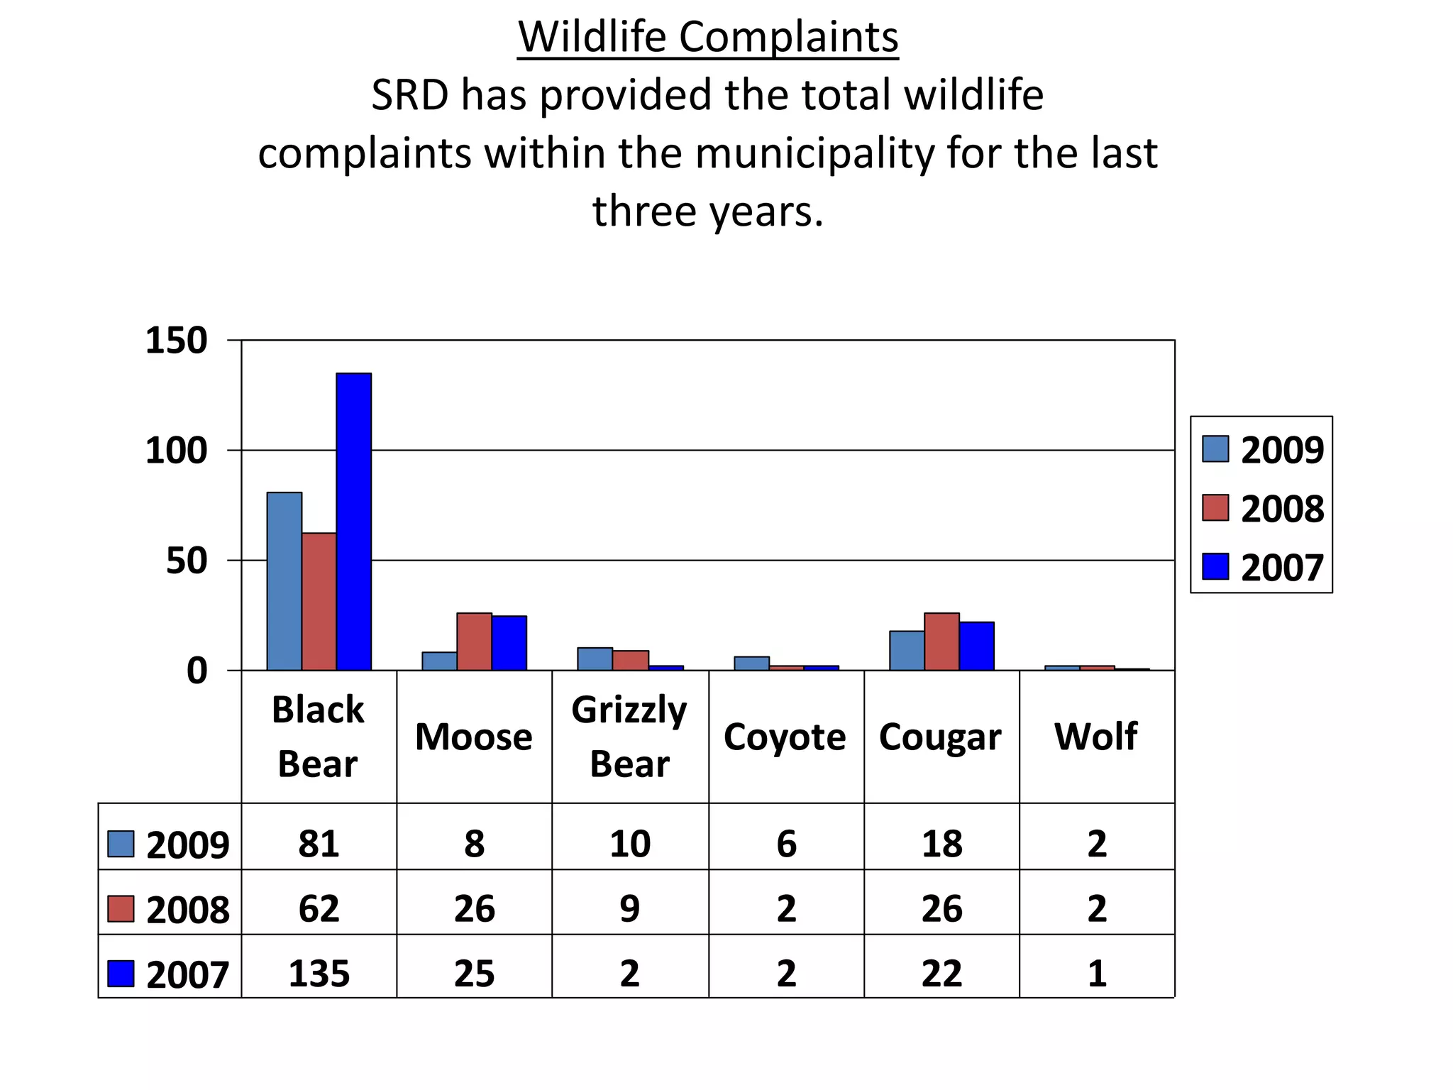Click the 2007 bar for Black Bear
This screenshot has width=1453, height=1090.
[353, 522]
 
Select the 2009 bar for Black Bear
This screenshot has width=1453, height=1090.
[284, 581]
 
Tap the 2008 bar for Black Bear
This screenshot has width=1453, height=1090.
[319, 602]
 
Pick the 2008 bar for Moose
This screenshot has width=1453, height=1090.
[474, 642]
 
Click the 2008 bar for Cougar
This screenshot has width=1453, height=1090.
[941, 642]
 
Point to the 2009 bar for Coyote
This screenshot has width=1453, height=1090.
[751, 664]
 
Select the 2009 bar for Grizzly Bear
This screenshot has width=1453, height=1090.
[595, 659]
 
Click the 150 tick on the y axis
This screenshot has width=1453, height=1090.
[176, 341]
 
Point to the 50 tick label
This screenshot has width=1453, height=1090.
[187, 561]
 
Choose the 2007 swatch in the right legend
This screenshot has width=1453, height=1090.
[1215, 567]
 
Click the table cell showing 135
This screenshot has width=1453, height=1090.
[319, 973]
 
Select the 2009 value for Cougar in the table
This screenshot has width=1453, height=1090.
[941, 844]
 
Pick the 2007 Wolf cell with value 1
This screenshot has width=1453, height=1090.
[1097, 973]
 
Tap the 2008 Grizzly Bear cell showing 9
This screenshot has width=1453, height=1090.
[629, 908]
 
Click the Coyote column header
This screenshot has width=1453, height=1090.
[785, 737]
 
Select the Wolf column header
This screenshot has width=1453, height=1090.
[1096, 737]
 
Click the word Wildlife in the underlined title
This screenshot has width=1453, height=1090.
[592, 37]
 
